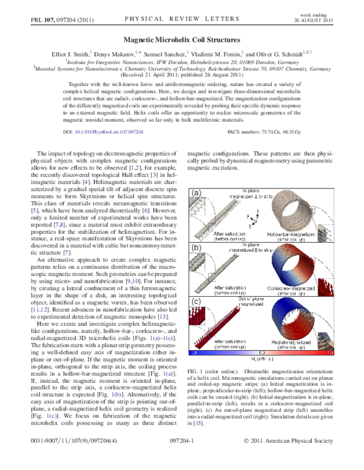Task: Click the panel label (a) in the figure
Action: click(196, 193)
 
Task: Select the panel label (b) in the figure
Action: click(196, 247)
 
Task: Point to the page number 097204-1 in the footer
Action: click(181, 459)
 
